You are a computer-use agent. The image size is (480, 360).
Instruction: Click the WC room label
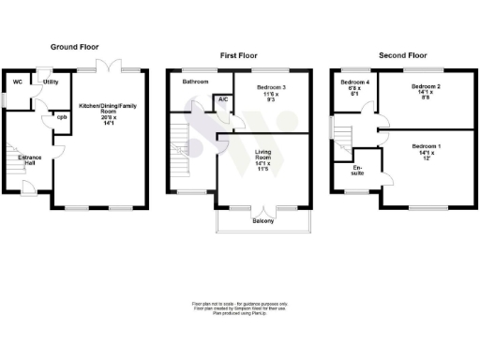pos(17,82)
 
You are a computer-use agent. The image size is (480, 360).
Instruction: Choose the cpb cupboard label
pos(61,117)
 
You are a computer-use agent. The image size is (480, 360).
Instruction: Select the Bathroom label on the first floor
pos(195,82)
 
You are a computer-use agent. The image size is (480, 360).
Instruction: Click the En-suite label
pos(358,174)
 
